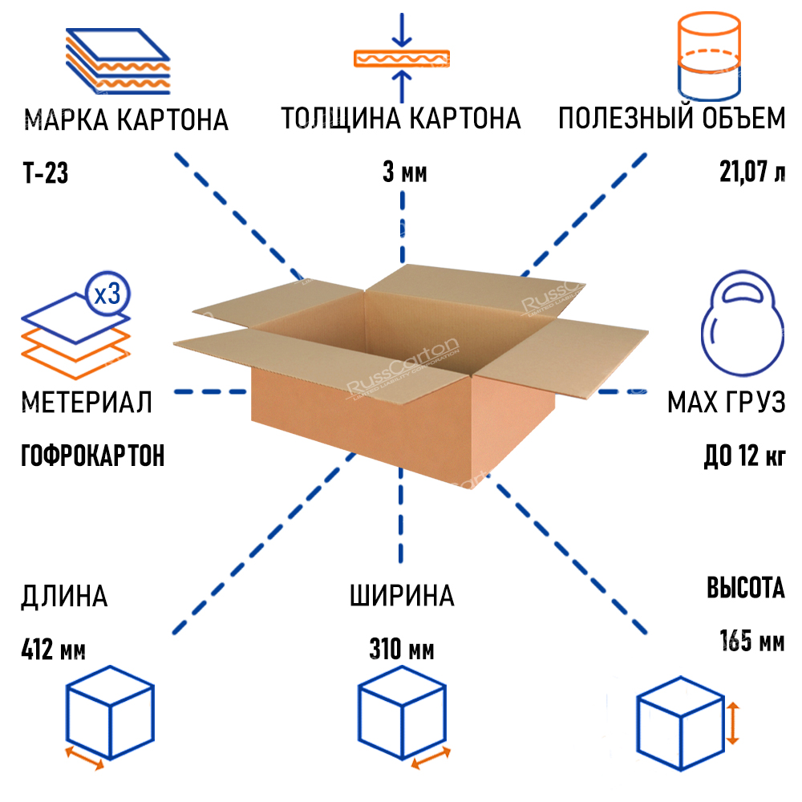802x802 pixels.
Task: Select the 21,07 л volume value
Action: coord(752,173)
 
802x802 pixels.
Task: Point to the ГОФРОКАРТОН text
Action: coord(92,456)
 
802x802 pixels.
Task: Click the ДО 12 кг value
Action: coord(743,456)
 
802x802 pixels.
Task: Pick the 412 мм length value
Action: coord(52,649)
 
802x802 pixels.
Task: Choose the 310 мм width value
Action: coord(402,649)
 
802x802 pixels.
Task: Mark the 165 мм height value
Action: coord(751,642)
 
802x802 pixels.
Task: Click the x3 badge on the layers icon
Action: coord(107,294)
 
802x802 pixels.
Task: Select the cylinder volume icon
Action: coord(707,55)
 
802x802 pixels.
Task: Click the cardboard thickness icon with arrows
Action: coord(402,58)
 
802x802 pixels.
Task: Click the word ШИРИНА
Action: coord(402,596)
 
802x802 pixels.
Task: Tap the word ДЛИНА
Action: coord(64,596)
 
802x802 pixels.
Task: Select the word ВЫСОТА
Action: coord(745,589)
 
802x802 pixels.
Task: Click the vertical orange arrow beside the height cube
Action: coord(731,721)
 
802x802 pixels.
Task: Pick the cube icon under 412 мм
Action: coord(109,715)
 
